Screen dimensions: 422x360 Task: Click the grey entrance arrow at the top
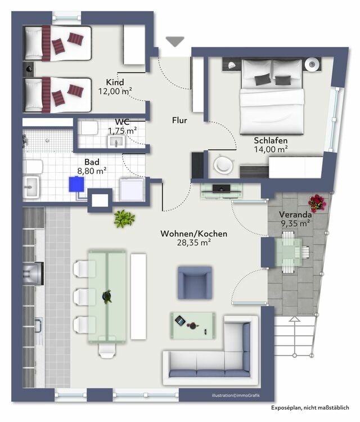click(175, 41)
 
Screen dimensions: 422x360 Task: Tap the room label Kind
click(115, 82)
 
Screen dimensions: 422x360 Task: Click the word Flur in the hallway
click(179, 120)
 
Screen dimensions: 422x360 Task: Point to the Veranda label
click(295, 214)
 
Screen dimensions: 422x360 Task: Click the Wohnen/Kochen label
click(186, 234)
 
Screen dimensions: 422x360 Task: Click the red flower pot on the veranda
click(318, 203)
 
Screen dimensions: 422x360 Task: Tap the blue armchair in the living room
click(195, 282)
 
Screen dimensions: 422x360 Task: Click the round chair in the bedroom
click(223, 165)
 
